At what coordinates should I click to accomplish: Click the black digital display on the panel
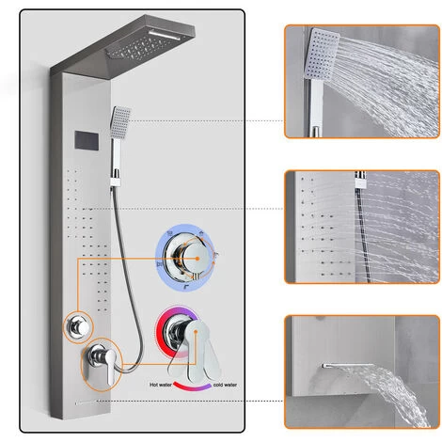click(x=87, y=140)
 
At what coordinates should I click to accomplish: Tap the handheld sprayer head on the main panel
click(x=120, y=122)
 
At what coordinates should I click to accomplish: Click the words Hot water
click(x=161, y=385)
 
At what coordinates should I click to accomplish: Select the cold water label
click(x=225, y=385)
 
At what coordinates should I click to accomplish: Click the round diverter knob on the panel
click(x=78, y=327)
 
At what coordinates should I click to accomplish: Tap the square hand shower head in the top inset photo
click(x=322, y=54)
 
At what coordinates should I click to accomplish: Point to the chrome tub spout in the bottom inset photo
click(x=348, y=366)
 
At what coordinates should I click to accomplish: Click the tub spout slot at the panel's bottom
click(x=87, y=403)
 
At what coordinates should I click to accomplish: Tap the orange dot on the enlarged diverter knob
click(x=197, y=259)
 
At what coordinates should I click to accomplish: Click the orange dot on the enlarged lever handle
click(x=196, y=331)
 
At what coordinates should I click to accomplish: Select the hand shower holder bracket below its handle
click(x=115, y=181)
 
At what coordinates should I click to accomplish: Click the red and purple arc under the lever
click(x=192, y=387)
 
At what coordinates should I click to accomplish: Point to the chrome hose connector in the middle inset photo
click(x=361, y=180)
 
